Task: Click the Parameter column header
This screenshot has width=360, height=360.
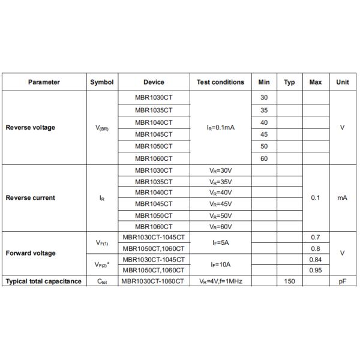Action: coord(44,82)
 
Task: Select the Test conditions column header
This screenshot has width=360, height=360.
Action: coord(220,82)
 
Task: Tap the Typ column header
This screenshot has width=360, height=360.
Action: coord(289,82)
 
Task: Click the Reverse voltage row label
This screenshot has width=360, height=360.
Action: coord(30,128)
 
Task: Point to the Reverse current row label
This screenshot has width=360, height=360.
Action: coord(30,197)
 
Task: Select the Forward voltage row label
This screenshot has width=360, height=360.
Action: coord(31,253)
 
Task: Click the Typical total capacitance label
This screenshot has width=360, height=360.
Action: coord(43,281)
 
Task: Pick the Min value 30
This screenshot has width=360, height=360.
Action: coord(264,98)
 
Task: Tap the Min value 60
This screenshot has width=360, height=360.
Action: coord(264,159)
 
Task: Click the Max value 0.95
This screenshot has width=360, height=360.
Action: coord(316,270)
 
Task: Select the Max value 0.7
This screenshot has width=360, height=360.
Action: coord(316,238)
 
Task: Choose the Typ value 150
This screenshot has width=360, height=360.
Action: coord(289,281)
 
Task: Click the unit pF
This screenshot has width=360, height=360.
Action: coord(343,281)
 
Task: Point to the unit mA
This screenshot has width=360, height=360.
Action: coord(343,197)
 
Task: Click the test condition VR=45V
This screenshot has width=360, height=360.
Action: coord(220,204)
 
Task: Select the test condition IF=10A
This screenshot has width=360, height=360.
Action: coord(220,264)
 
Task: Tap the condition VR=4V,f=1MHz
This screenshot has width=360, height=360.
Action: coord(220,281)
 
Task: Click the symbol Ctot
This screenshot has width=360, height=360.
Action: coord(102,281)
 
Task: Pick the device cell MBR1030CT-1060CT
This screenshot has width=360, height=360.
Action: coord(154,281)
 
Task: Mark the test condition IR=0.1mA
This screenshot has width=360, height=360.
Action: coord(220,128)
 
